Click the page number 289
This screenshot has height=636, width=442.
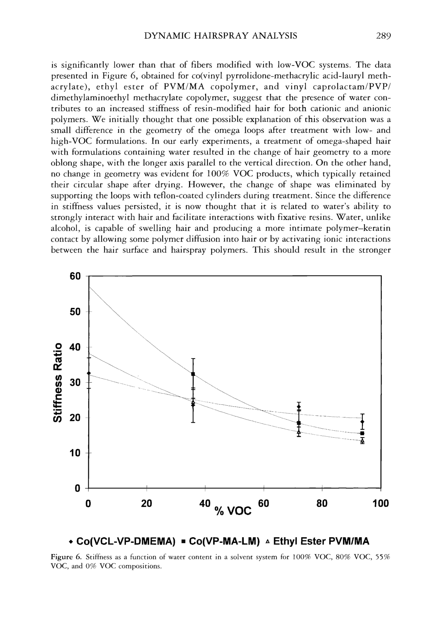pos(383,36)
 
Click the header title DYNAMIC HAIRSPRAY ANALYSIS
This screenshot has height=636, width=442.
pos(221,36)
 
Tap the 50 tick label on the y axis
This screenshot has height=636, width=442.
pos(75,312)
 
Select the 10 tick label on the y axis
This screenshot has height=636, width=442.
pos(75,453)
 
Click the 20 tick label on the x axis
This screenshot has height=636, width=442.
pos(146,503)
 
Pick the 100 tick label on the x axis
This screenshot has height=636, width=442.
pos(380,503)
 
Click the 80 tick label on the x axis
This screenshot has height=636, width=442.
pos(322,503)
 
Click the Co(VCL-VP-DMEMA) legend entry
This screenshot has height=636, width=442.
pos(123,541)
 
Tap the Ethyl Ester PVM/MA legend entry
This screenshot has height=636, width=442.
pos(318,541)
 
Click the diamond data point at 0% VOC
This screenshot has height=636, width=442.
pos(89,373)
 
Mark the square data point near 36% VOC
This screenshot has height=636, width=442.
pos(193,374)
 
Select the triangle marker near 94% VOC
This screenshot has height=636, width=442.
pos(362,440)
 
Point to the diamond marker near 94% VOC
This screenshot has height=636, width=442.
pos(362,422)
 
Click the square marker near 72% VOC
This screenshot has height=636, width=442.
pos(299,423)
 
